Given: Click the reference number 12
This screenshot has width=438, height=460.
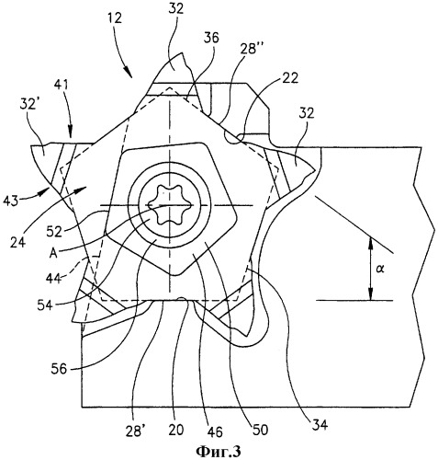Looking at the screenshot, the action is coord(115,17).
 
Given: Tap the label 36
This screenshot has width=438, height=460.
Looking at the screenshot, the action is coord(211,38).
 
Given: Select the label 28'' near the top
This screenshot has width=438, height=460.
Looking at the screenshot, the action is coord(249,48).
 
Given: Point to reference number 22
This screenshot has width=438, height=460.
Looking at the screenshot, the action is coord(290,79).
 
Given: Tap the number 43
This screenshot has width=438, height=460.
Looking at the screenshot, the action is coord(12,201).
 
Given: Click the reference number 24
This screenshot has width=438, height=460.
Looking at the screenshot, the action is coord(17,241).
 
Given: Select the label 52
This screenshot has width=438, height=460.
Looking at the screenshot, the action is coord(55,232).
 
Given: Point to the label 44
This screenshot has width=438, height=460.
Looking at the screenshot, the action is coord(54,278).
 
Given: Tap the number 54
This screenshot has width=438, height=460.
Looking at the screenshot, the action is coord(46,305).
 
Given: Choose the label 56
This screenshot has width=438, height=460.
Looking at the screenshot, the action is coord(59,369).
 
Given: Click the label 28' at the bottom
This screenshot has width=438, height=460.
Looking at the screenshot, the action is coord(135,431).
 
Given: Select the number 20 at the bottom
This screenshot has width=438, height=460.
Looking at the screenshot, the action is coord(176,430).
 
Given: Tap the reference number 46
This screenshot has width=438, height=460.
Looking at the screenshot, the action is coord(214,431).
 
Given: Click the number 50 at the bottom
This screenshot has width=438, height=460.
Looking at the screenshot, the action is coord(260,430).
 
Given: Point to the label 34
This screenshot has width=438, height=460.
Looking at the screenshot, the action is coord(320,425).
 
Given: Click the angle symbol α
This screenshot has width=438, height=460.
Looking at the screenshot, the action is coord(380,269).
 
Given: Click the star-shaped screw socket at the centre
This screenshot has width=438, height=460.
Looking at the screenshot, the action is coord(168,204).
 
